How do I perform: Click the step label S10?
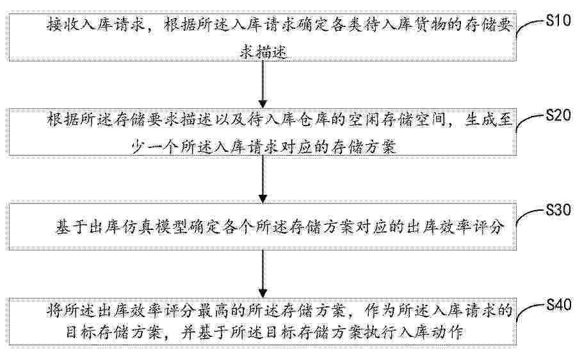coord(558,20)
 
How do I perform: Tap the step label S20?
coord(558,115)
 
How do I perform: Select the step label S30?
coord(558,210)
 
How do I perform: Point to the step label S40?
coord(558,305)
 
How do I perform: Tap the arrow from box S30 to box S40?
coord(263,274)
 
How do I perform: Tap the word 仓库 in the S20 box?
coord(312,120)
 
